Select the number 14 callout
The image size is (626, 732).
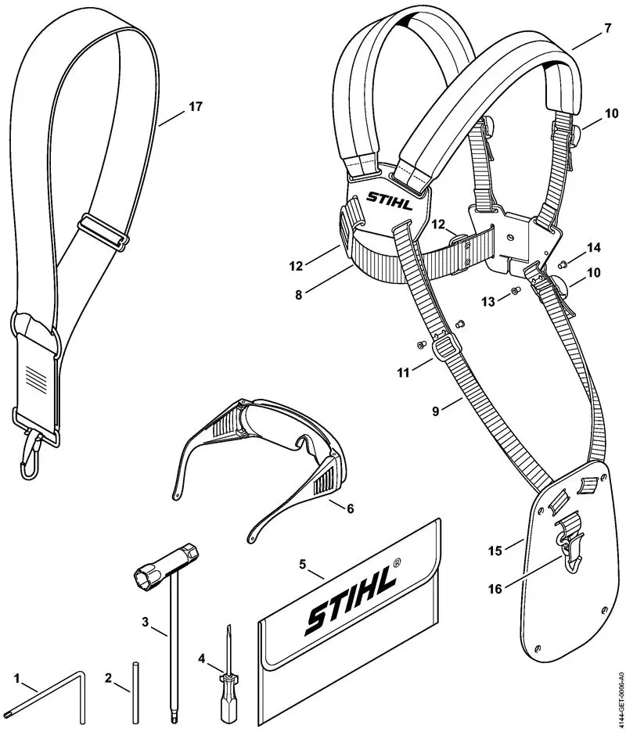[593, 248]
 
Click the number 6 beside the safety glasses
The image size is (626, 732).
[350, 508]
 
